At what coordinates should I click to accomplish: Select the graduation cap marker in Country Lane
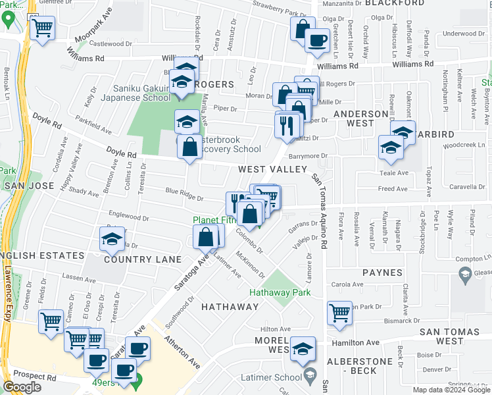(112, 240)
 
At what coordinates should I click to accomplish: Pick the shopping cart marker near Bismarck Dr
(340, 313)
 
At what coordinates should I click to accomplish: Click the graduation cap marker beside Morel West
(303, 349)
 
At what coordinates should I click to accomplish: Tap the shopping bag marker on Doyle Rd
(189, 147)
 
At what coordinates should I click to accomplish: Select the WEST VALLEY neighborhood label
(272, 169)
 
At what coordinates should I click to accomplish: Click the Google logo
(22, 387)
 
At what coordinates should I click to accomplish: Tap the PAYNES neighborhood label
(382, 272)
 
